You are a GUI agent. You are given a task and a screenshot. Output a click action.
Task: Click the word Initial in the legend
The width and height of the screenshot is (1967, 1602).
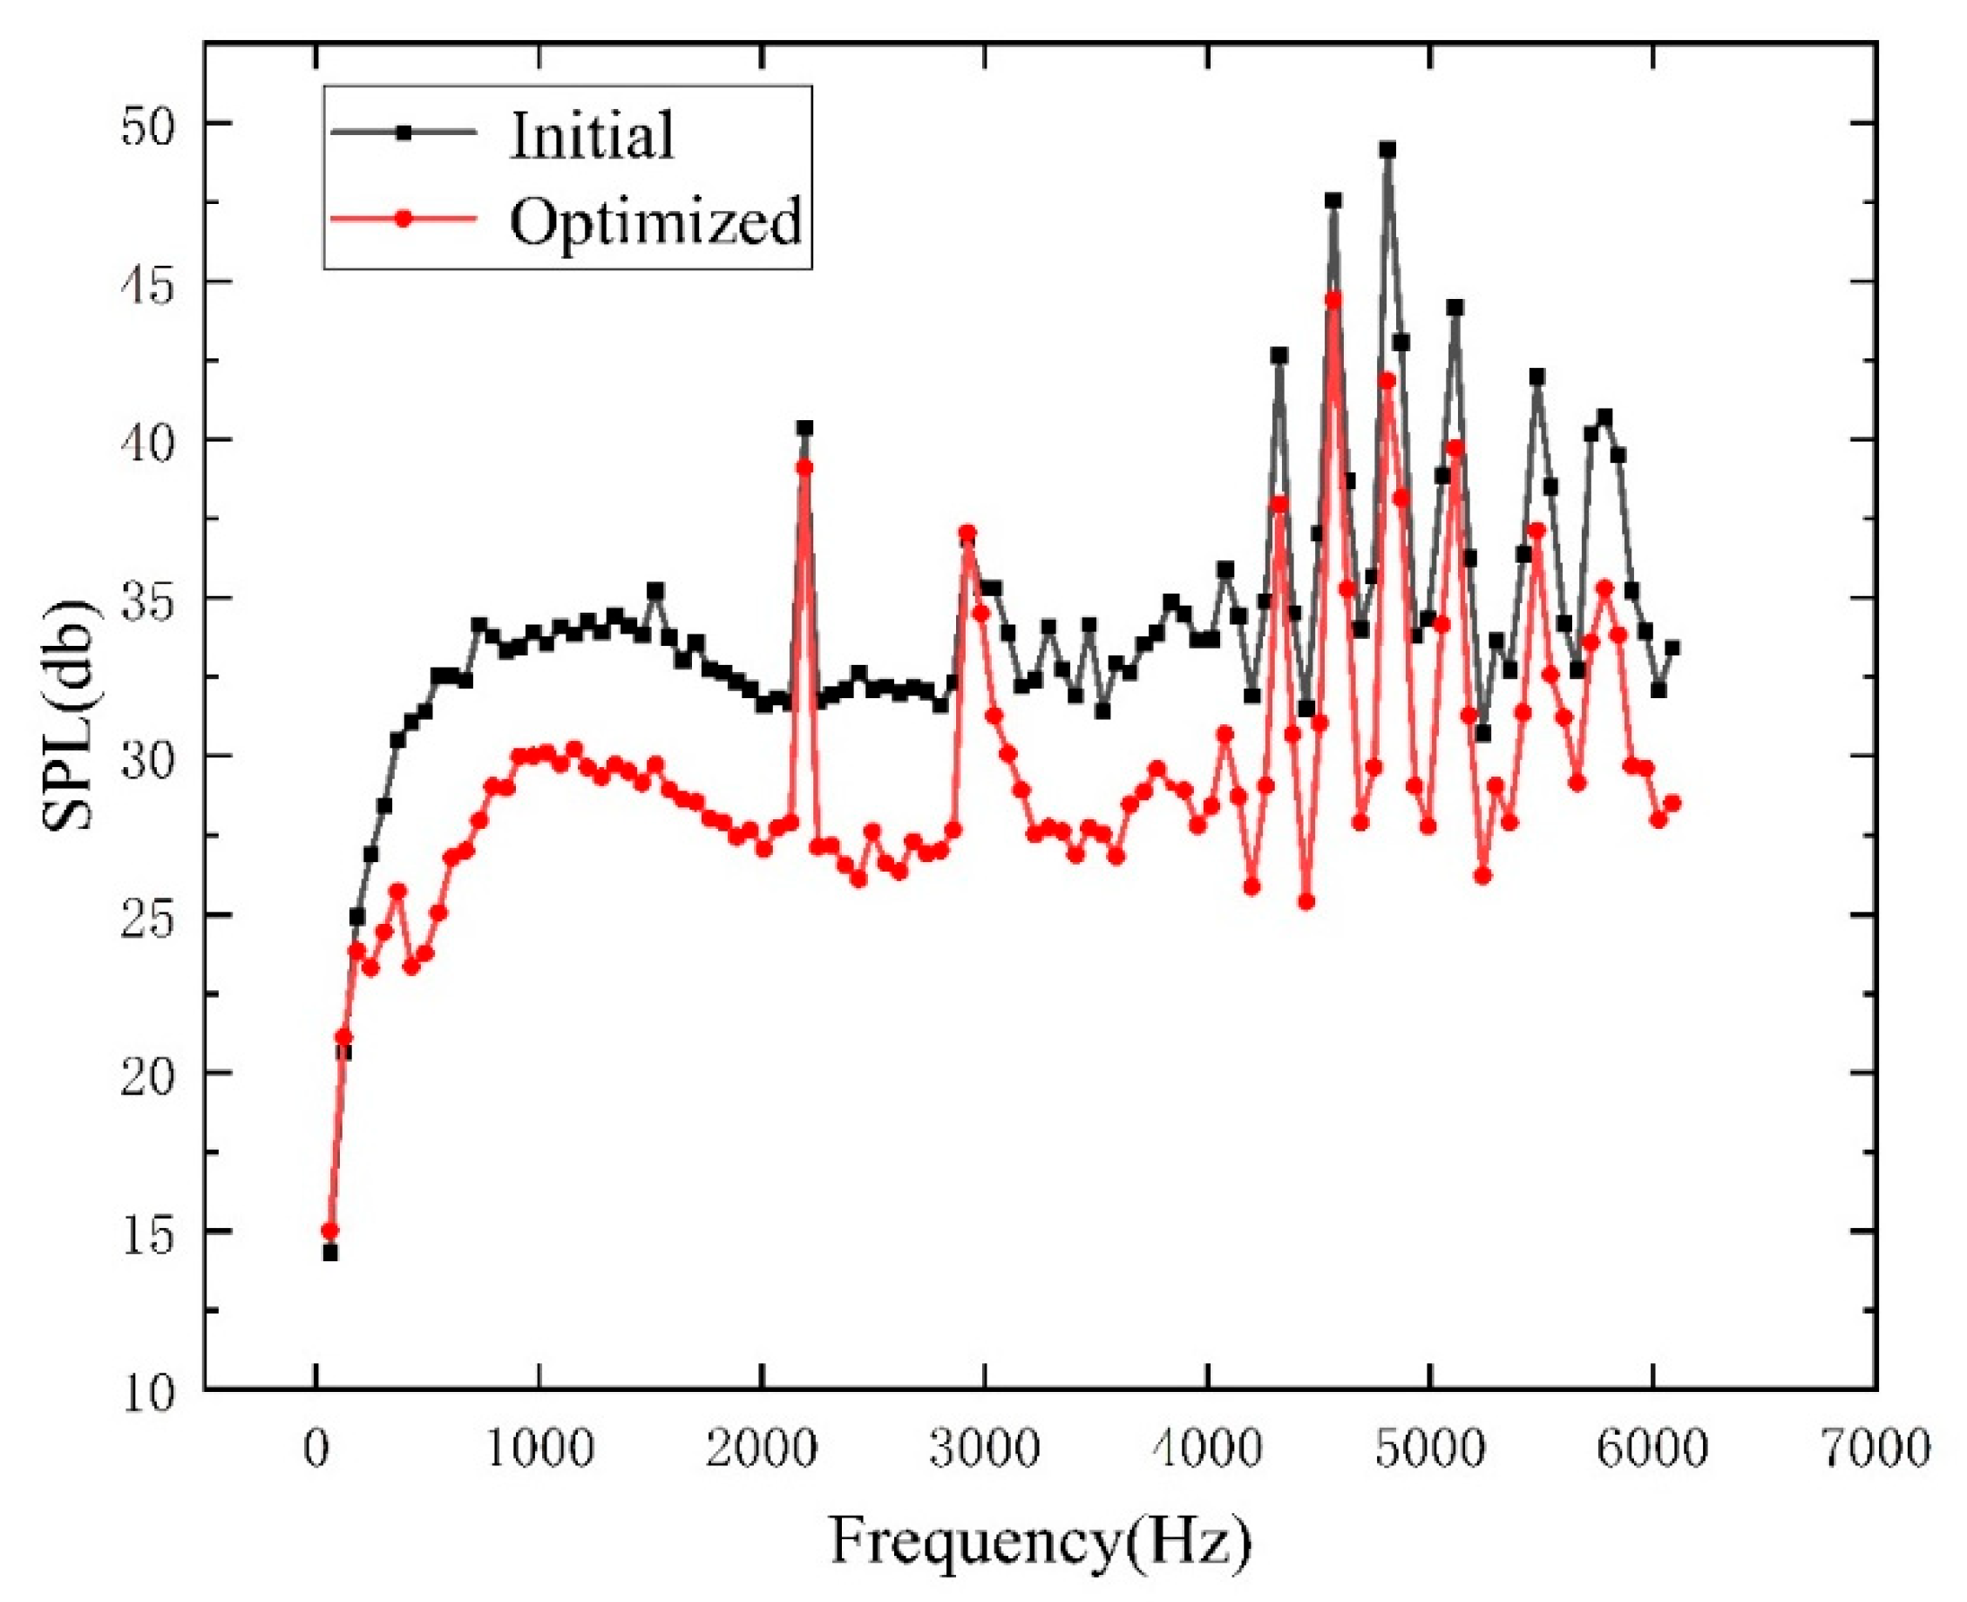(592, 135)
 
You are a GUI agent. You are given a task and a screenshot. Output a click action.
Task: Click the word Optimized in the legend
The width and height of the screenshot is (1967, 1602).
(655, 221)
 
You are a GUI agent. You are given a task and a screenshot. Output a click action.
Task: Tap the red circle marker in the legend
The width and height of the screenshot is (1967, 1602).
(403, 219)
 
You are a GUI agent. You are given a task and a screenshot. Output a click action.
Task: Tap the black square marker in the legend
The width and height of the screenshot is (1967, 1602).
(403, 132)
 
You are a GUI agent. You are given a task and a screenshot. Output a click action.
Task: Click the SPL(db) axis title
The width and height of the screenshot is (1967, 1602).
(68, 716)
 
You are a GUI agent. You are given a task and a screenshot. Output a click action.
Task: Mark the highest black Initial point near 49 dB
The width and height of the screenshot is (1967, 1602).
(1387, 150)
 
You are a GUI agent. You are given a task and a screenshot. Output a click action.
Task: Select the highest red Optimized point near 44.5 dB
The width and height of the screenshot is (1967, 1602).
(1333, 299)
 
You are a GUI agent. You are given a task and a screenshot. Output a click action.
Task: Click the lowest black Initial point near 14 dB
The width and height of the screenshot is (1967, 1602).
(329, 1252)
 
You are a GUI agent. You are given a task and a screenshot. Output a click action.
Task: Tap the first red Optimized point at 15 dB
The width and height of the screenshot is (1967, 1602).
(329, 1231)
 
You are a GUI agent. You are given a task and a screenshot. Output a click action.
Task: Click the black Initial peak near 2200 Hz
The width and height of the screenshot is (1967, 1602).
(804, 428)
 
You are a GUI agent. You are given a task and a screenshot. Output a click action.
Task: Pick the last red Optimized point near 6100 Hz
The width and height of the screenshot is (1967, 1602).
(1672, 803)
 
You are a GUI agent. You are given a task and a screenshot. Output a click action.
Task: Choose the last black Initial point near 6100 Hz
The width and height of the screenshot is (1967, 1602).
(1672, 648)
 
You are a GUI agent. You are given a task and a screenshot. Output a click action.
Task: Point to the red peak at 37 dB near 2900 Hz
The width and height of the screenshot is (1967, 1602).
(967, 533)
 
